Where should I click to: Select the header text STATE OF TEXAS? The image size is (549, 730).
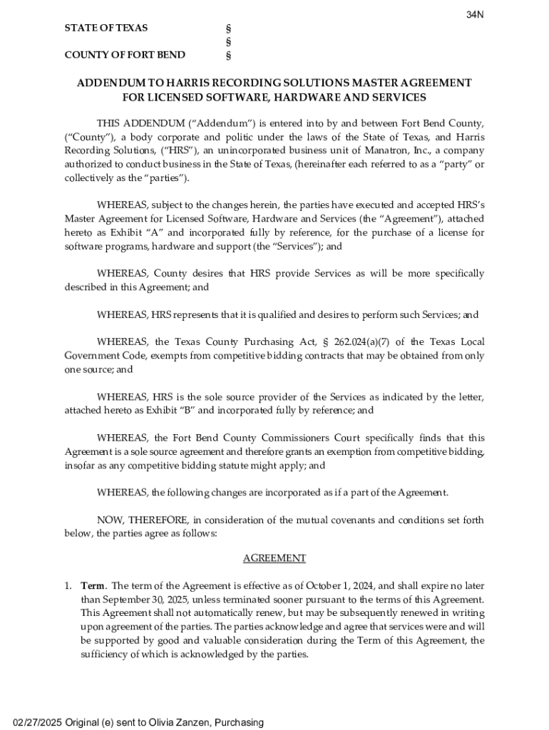pyautogui.click(x=106, y=28)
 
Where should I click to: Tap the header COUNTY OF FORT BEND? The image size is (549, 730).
pyautogui.click(x=125, y=55)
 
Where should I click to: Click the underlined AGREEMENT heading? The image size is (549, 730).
pyautogui.click(x=274, y=558)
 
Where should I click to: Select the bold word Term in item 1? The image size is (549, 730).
pyautogui.click(x=93, y=586)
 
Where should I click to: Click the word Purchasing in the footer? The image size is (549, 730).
pyautogui.click(x=237, y=722)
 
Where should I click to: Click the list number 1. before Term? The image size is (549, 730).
pyautogui.click(x=68, y=586)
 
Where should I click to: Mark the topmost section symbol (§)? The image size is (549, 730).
pyautogui.click(x=228, y=29)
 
